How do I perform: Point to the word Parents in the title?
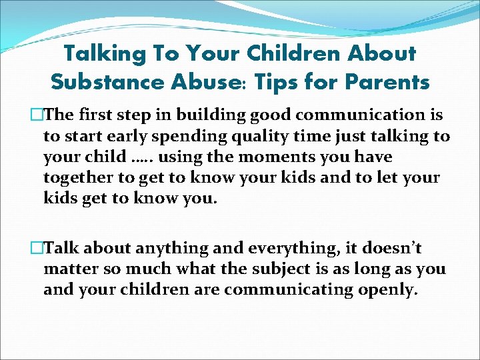pos(386,82)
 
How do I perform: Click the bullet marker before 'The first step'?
pos(37,115)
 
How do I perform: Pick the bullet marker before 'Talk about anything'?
pos(37,249)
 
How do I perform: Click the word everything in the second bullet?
pos(299,249)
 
